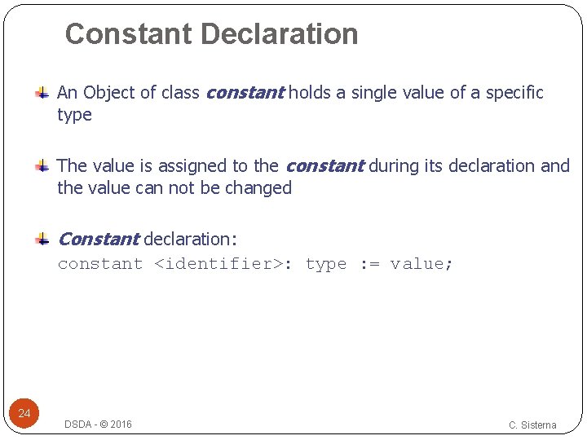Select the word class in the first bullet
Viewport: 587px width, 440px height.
(x=179, y=93)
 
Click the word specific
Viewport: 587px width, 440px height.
(x=514, y=93)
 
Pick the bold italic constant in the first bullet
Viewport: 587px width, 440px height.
(x=245, y=93)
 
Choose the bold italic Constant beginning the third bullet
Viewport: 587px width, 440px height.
(x=98, y=240)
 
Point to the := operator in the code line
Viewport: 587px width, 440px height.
(x=369, y=264)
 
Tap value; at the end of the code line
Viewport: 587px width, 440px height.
(x=421, y=264)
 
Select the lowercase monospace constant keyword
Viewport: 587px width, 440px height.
(x=100, y=264)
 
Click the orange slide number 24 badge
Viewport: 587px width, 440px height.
(x=24, y=414)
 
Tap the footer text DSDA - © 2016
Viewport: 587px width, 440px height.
(x=98, y=425)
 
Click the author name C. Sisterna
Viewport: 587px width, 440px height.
(x=532, y=425)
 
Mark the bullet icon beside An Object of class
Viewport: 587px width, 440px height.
(x=42, y=94)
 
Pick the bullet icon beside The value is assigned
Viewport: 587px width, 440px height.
(x=42, y=167)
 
